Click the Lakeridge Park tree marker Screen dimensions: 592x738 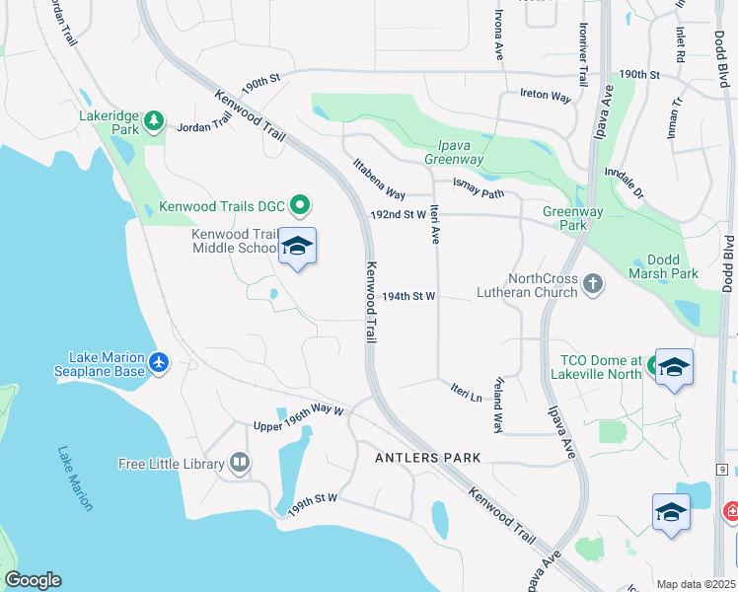[153, 121]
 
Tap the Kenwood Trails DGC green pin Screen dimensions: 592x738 [302, 206]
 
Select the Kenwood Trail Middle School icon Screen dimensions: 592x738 [297, 246]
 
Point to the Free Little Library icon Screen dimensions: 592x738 [239, 463]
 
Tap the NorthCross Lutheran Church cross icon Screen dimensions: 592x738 [592, 285]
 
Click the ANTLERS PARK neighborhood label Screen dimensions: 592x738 [427, 458]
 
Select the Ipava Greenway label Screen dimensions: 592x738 [454, 152]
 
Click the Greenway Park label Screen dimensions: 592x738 [565, 218]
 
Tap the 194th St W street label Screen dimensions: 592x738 [408, 296]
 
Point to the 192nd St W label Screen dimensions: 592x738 [397, 214]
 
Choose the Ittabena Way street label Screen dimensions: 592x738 [379, 179]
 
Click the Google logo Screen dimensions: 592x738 [33, 580]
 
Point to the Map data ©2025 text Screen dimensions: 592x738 [697, 584]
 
